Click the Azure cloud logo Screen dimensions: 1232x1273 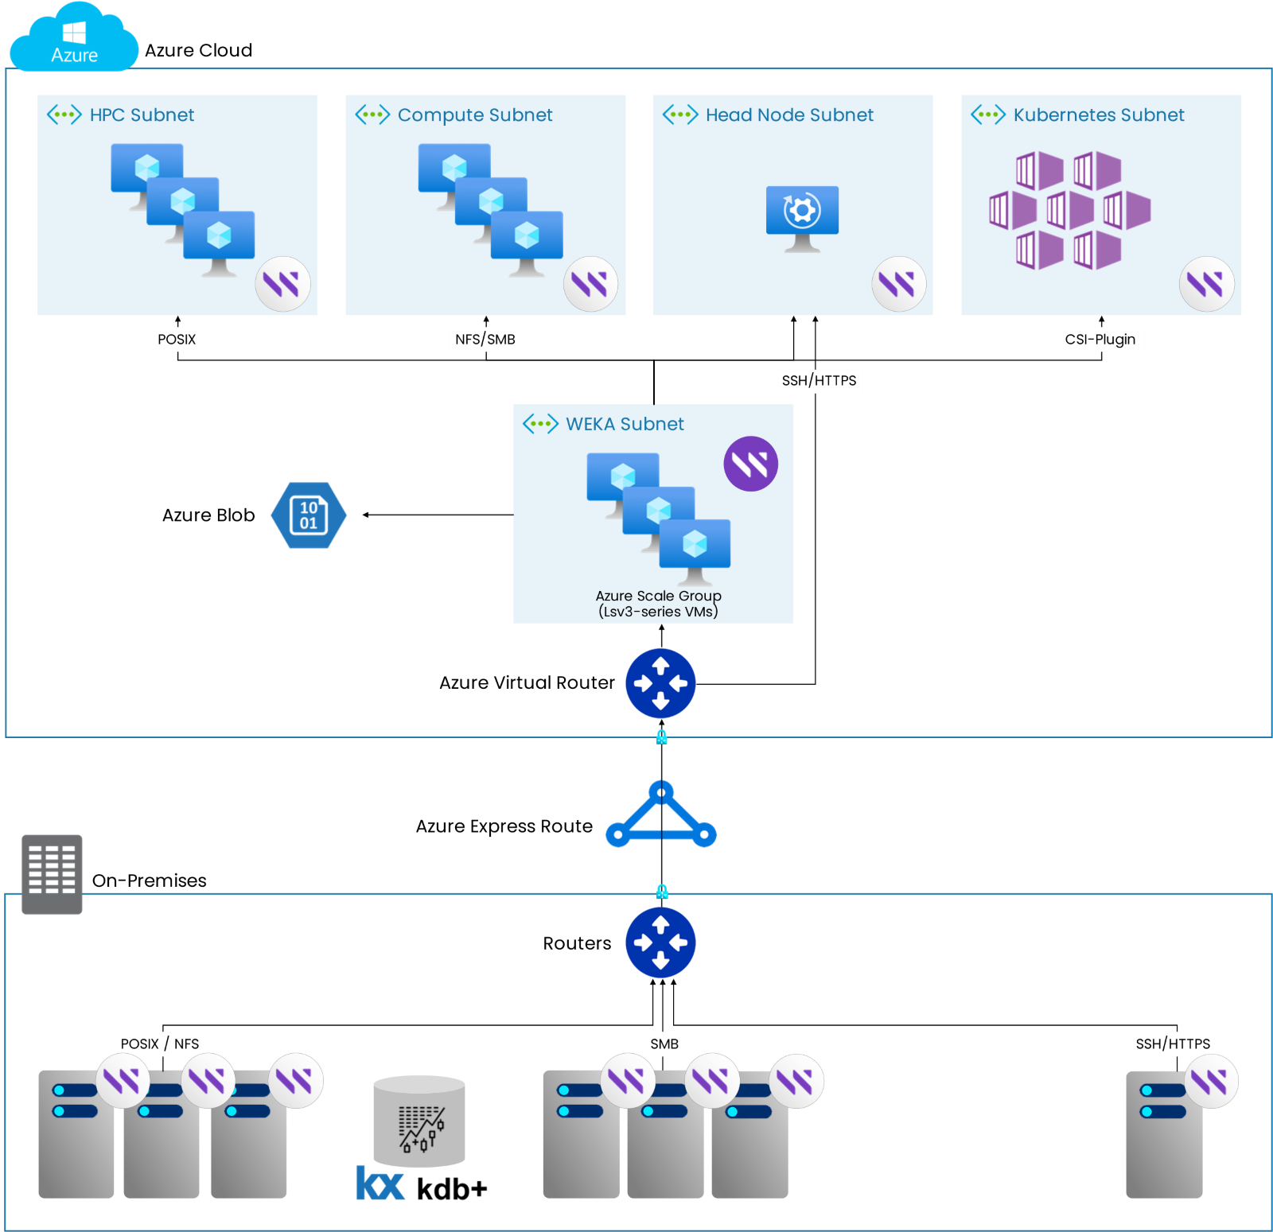point(74,38)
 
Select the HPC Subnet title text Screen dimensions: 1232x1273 point(142,115)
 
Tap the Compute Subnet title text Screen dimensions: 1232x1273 point(474,115)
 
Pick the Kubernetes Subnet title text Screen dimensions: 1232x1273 point(1098,115)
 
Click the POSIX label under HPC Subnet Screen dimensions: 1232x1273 point(177,340)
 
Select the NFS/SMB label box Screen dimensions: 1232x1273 point(485,340)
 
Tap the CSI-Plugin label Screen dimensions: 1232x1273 point(1100,340)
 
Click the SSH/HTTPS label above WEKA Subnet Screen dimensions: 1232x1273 point(819,381)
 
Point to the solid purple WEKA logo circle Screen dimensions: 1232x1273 point(750,464)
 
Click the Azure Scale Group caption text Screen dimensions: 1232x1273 point(658,604)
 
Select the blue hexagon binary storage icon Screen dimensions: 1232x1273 point(309,515)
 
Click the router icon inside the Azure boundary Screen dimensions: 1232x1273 point(660,683)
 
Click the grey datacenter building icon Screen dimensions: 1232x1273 point(52,873)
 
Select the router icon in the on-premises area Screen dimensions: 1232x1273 point(660,942)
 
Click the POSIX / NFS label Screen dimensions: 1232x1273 point(160,1044)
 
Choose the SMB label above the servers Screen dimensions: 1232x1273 point(664,1044)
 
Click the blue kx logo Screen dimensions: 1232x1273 point(380,1183)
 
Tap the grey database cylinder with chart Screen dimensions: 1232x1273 point(419,1121)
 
